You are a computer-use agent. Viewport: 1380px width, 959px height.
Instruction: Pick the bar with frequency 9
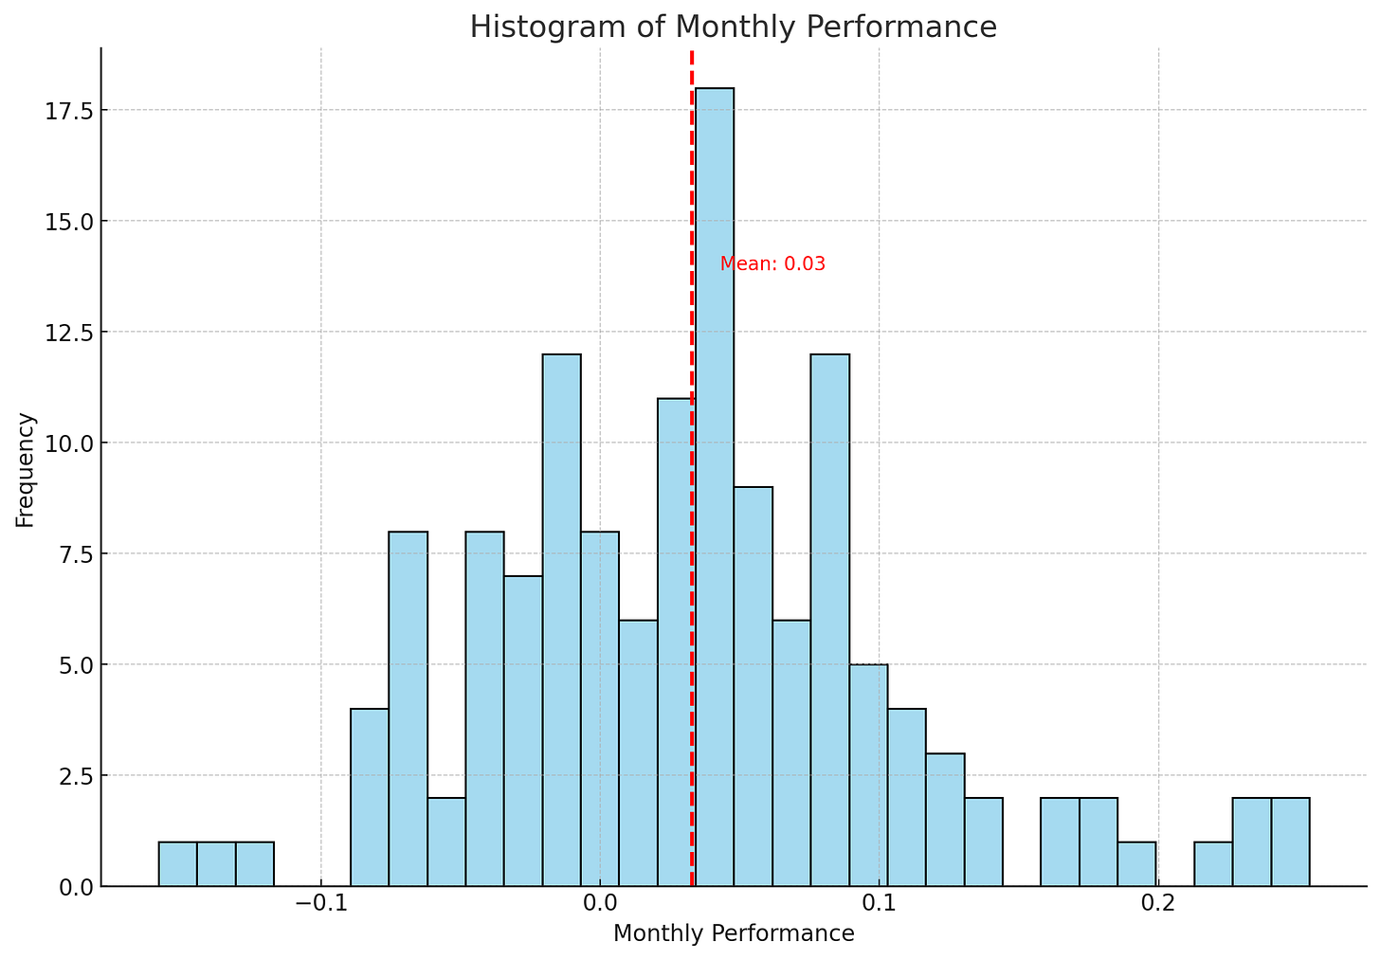pyautogui.click(x=754, y=686)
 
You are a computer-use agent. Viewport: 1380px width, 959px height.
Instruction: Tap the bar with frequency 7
pyautogui.click(x=523, y=731)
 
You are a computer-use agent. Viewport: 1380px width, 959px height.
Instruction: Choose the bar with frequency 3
pyautogui.click(x=945, y=820)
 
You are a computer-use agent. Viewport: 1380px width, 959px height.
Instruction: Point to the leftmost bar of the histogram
pyautogui.click(x=177, y=863)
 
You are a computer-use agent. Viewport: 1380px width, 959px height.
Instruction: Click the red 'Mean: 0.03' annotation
pyautogui.click(x=772, y=264)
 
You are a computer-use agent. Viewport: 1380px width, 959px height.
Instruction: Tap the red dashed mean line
pyautogui.click(x=692, y=190)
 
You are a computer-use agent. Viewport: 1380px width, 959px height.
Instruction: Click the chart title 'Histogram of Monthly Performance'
pyautogui.click(x=733, y=27)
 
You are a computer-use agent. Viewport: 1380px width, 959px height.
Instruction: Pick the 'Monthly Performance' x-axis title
pyautogui.click(x=734, y=933)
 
